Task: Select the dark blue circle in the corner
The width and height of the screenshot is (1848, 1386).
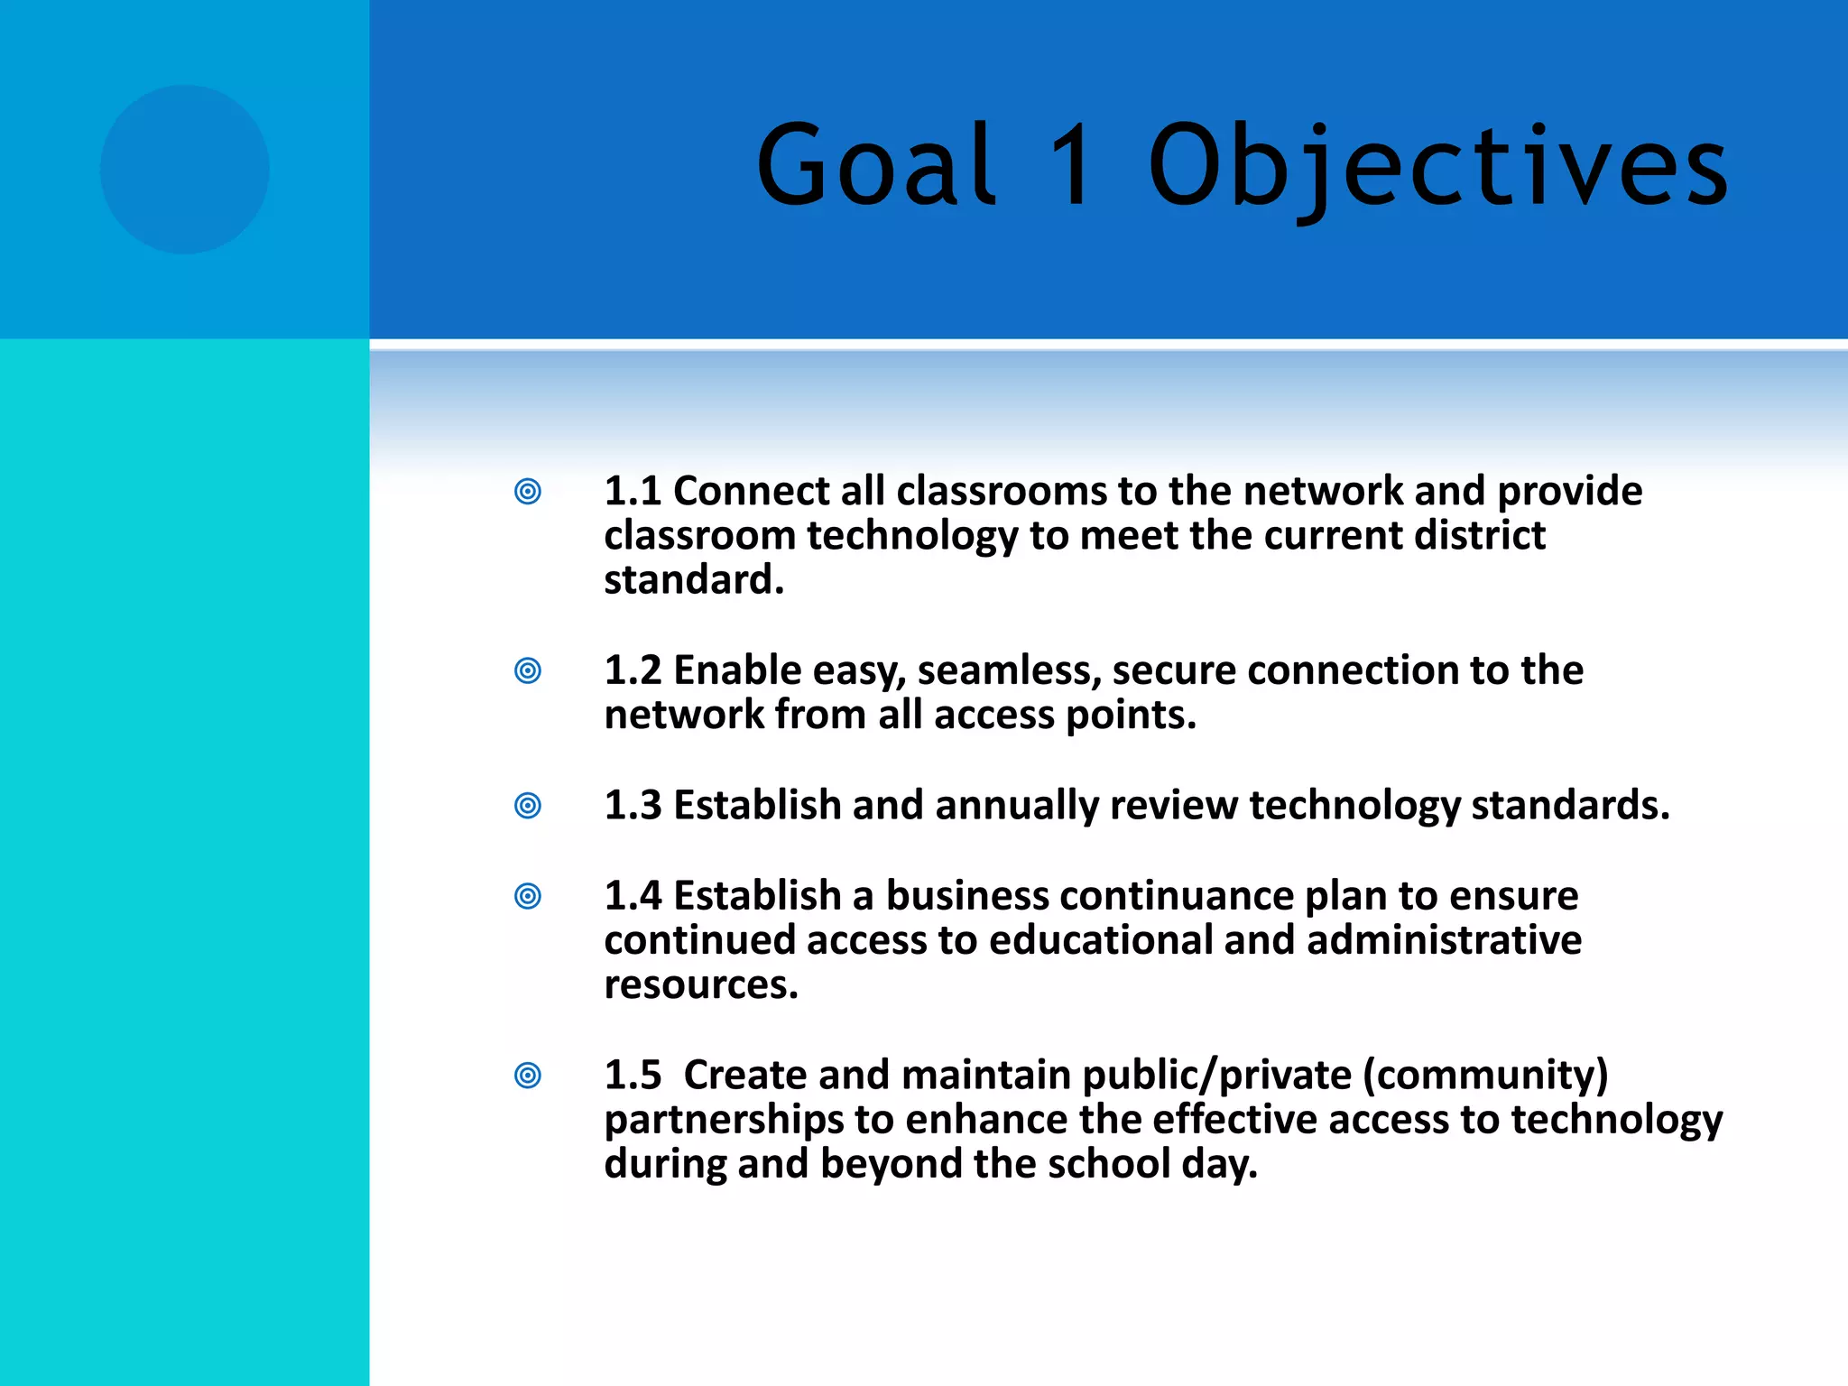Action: (185, 170)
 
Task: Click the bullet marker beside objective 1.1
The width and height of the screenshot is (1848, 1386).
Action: (528, 492)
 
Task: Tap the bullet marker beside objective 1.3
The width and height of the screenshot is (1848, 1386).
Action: (528, 805)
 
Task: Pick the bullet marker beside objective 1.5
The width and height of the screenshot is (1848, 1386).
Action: (528, 1076)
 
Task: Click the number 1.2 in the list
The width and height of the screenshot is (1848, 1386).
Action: (633, 670)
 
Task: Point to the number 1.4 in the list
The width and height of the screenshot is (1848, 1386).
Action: (633, 896)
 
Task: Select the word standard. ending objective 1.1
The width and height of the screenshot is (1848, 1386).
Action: (693, 580)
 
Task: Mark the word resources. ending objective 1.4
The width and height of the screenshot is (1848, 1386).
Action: (701, 984)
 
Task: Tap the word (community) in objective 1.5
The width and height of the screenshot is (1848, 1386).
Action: (1485, 1076)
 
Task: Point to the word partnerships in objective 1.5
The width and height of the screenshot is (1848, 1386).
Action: (724, 1121)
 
